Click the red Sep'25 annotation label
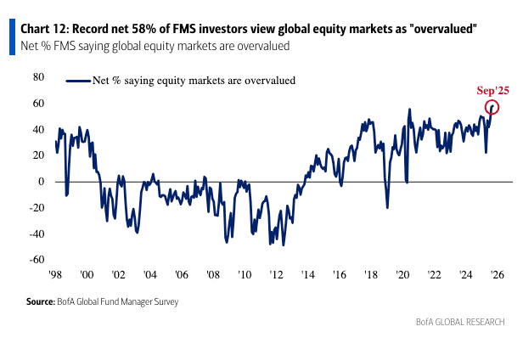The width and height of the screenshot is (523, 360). tap(492, 90)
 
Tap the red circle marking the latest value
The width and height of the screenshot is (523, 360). tap(492, 107)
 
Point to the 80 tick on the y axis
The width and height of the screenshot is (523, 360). tap(38, 77)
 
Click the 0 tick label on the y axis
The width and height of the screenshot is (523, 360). tap(41, 182)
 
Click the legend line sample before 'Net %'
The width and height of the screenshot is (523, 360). tap(77, 82)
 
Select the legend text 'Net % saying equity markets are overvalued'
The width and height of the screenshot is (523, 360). tap(194, 82)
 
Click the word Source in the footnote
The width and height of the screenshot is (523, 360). tap(39, 301)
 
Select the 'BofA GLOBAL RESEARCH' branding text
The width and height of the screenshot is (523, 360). tap(460, 322)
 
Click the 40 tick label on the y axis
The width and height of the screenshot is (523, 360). tap(38, 129)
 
